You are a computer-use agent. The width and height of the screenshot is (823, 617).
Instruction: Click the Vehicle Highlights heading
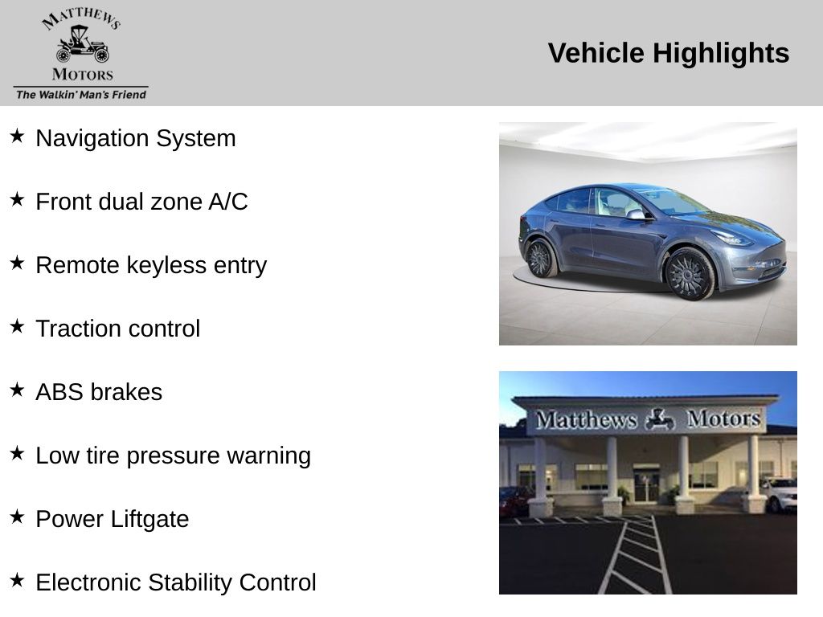668,54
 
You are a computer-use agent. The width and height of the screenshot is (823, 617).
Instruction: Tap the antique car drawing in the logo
83,45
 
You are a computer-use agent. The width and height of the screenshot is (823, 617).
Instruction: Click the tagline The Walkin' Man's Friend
81,95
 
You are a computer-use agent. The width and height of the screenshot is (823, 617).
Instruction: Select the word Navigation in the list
92,139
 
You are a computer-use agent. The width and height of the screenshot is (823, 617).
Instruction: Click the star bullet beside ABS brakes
17,390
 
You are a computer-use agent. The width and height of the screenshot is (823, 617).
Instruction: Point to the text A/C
227,202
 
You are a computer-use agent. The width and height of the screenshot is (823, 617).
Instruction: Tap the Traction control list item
117,329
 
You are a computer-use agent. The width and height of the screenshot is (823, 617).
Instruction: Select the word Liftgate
149,520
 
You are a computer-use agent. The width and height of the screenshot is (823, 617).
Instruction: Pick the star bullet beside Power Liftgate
17,517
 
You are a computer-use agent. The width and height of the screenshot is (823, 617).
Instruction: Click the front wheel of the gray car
689,274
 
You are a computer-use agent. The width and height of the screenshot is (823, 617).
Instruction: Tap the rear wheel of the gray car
541,258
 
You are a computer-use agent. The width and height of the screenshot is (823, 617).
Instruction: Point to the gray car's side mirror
637,214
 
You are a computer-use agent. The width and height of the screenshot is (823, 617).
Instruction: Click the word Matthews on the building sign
586,419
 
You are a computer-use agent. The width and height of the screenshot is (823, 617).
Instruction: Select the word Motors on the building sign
724,419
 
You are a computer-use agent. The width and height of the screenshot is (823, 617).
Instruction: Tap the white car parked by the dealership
779,494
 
